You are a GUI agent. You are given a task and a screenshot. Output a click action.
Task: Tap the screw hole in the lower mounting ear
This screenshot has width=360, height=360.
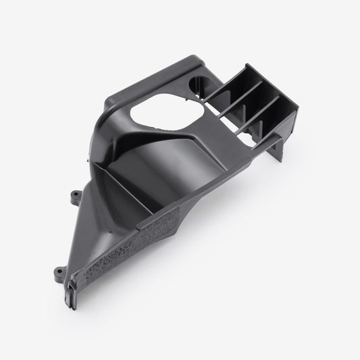point(53,274)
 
